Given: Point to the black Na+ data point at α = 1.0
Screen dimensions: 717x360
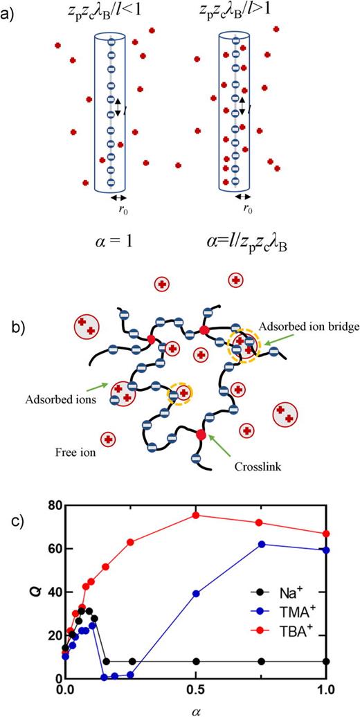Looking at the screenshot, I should (326, 661).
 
